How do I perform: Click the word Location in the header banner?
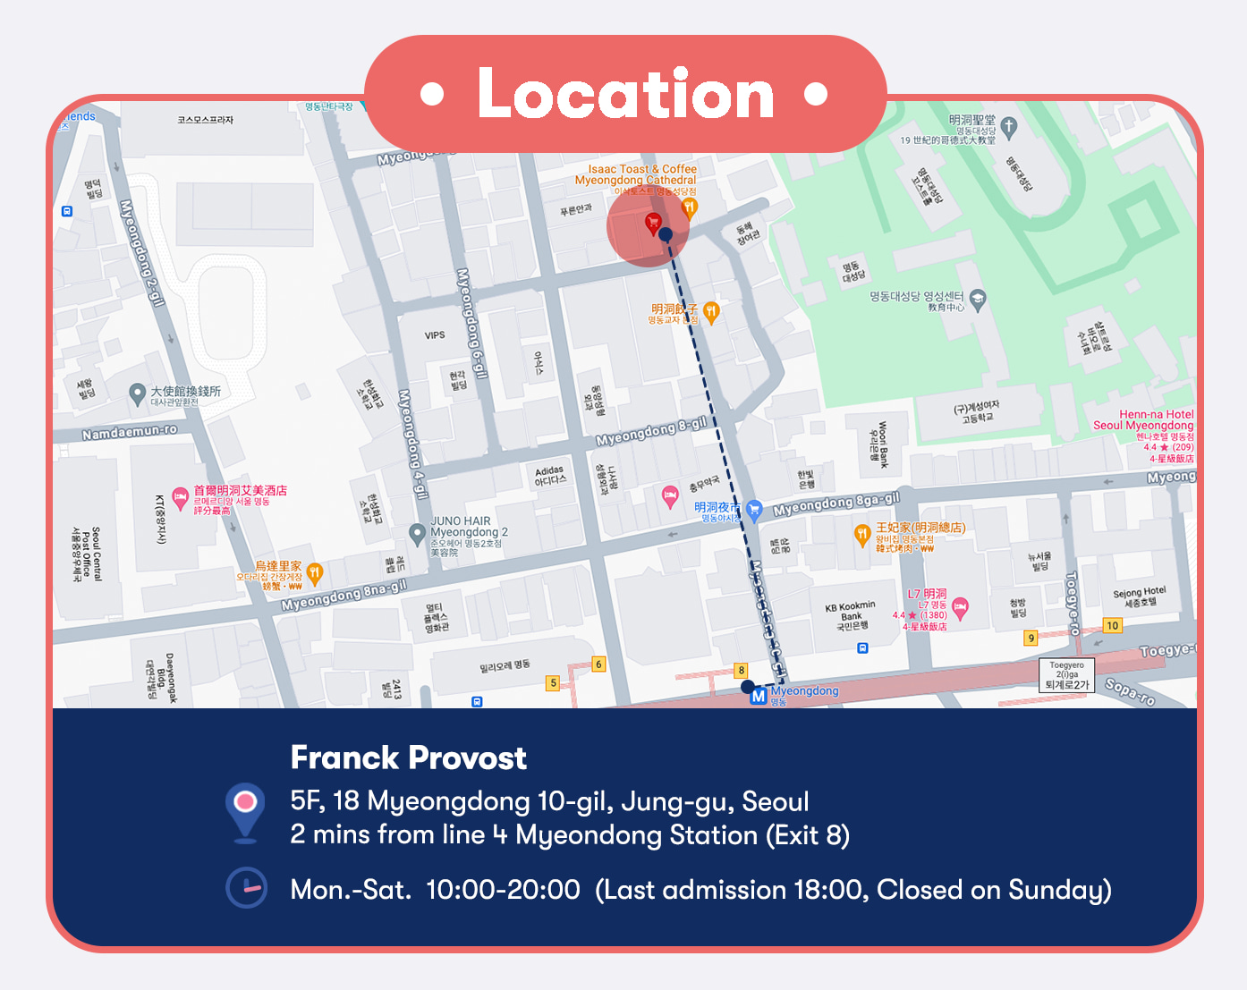click(625, 94)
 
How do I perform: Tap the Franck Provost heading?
click(409, 758)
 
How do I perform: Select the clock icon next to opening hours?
click(246, 888)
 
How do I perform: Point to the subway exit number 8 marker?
click(741, 670)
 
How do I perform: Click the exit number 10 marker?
click(1112, 625)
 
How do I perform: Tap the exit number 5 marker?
click(553, 682)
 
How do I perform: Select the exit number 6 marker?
click(598, 664)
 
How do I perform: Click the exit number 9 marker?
click(1031, 638)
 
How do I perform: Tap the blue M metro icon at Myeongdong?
click(759, 695)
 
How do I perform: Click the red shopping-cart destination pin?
click(653, 223)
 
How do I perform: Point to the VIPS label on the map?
click(435, 335)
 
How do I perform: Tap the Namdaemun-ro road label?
click(130, 432)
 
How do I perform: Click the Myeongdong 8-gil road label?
click(651, 431)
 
